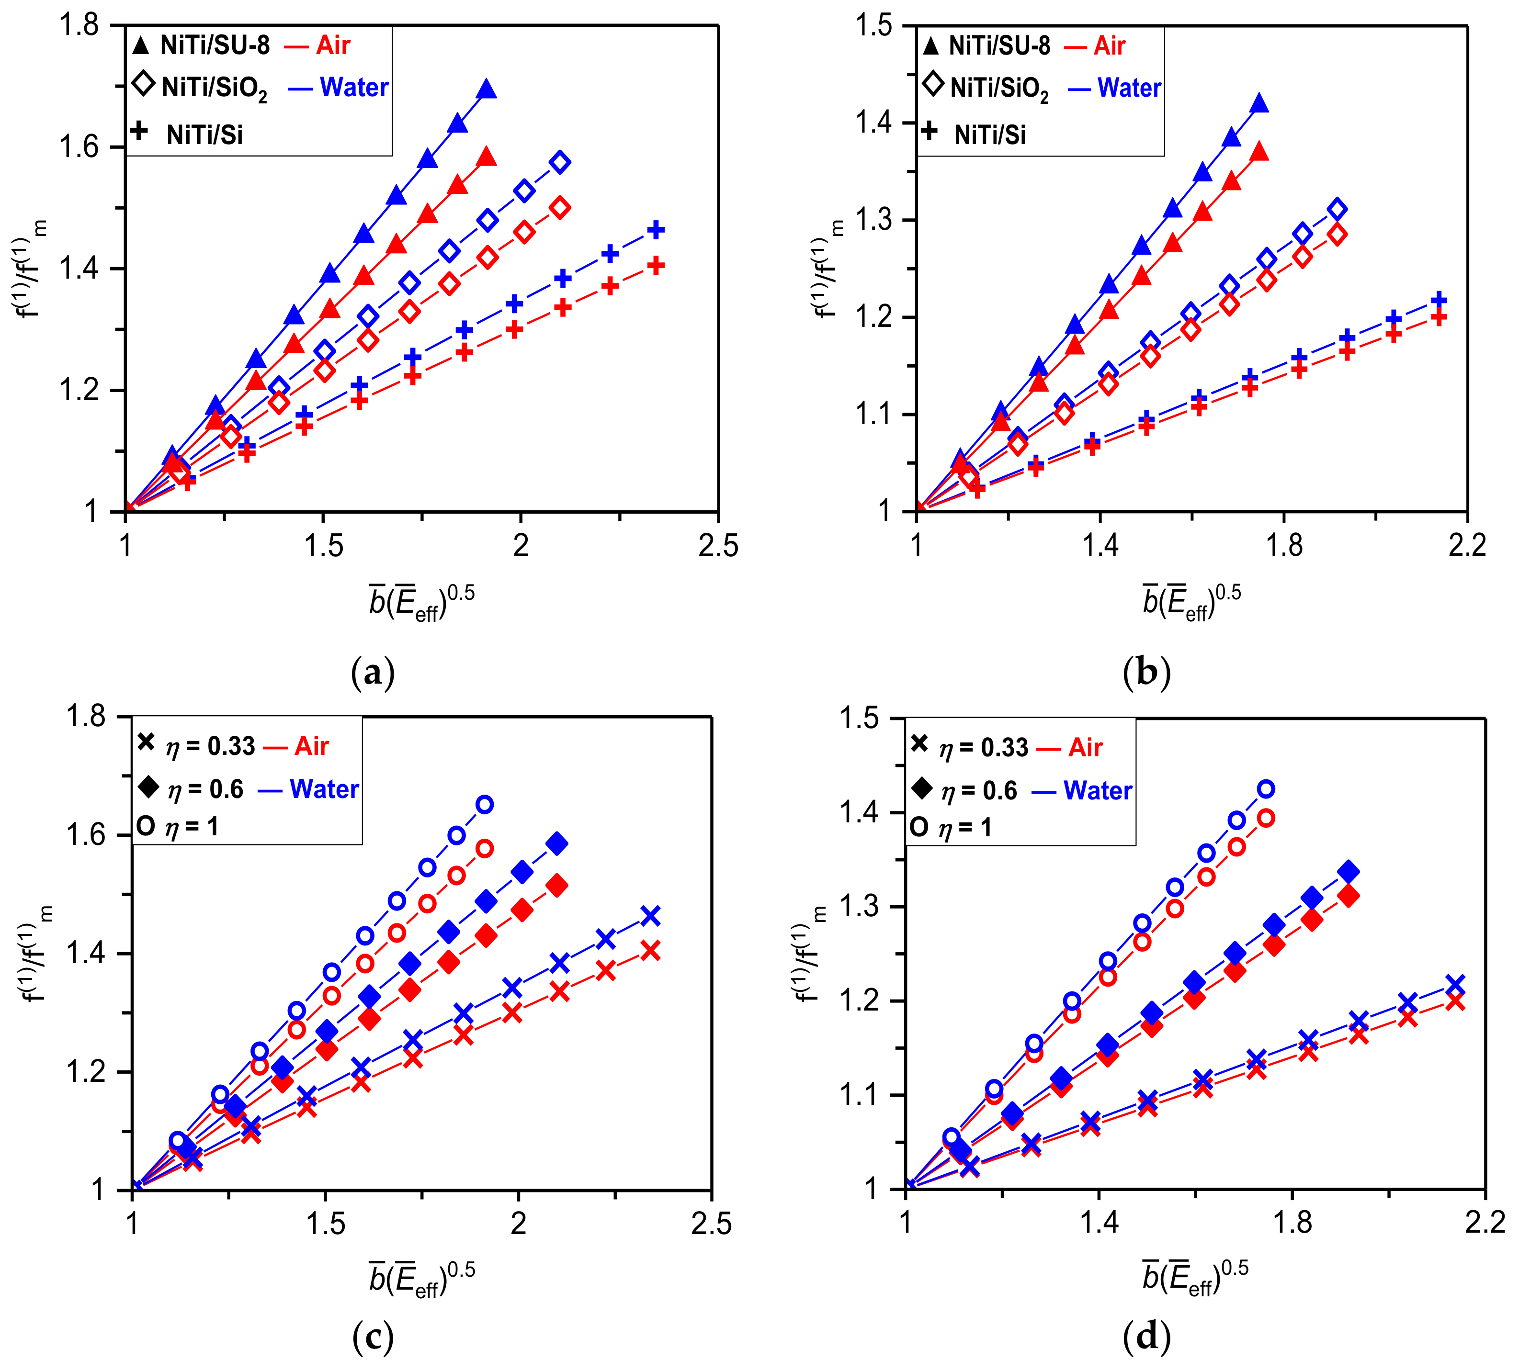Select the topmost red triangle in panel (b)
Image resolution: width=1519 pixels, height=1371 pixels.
click(x=1259, y=153)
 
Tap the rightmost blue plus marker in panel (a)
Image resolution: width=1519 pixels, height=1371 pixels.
click(x=656, y=230)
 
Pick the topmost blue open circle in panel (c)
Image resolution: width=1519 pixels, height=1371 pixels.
click(x=485, y=804)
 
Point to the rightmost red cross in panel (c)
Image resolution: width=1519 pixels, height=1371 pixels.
click(x=650, y=951)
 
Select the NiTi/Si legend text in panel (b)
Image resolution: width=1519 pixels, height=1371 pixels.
click(x=989, y=135)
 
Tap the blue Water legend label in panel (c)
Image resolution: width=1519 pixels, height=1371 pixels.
click(x=324, y=789)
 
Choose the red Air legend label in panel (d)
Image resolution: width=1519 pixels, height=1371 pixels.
click(x=1085, y=747)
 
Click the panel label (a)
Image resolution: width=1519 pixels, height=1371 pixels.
click(x=373, y=673)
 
